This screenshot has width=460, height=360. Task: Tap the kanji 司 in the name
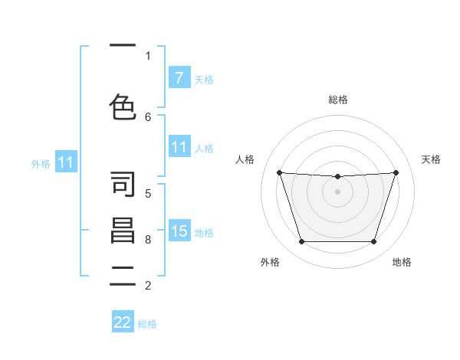[123, 185]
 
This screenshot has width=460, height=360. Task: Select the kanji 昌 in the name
[123, 231]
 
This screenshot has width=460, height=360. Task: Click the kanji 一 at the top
[123, 47]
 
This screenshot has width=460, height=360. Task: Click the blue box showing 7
[179, 78]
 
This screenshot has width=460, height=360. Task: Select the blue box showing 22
[123, 322]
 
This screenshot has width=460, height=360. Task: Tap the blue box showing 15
[179, 231]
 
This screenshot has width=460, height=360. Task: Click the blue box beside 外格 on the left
[65, 162]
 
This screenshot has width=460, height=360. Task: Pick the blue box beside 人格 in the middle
[179, 147]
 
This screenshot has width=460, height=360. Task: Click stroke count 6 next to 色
[148, 117]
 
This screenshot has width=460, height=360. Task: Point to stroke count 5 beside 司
[148, 193]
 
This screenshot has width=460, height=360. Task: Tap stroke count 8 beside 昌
[148, 240]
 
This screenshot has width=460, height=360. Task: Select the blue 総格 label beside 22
[147, 324]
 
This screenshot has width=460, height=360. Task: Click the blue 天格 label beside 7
[204, 79]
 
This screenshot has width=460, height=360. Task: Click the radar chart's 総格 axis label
[338, 100]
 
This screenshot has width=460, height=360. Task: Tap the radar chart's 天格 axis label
[432, 159]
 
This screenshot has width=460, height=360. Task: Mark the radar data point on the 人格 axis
[280, 172]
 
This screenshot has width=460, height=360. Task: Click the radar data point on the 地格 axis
[373, 242]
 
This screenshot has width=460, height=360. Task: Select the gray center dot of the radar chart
[337, 191]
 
